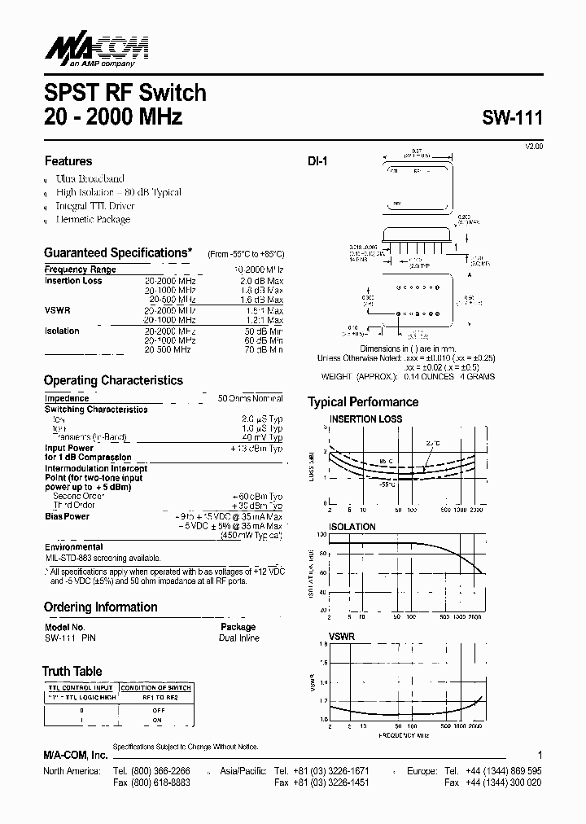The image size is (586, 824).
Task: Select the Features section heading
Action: tap(68, 161)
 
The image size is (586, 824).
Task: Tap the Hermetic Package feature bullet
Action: tap(93, 219)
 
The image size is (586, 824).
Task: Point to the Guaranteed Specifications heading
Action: tap(117, 253)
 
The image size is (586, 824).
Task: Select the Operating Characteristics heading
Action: tap(113, 380)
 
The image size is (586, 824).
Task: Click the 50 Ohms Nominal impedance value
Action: tap(250, 398)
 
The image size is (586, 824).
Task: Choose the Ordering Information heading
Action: tap(100, 607)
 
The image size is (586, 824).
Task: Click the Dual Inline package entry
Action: tap(238, 638)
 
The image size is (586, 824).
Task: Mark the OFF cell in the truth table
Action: tap(159, 710)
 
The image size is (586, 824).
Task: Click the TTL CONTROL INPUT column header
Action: tap(81, 687)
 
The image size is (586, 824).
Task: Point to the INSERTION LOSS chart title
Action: tap(365, 419)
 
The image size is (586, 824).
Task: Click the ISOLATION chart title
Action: tap(352, 527)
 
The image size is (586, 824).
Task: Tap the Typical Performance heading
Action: tap(363, 402)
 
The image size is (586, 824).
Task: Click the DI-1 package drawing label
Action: tap(317, 162)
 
